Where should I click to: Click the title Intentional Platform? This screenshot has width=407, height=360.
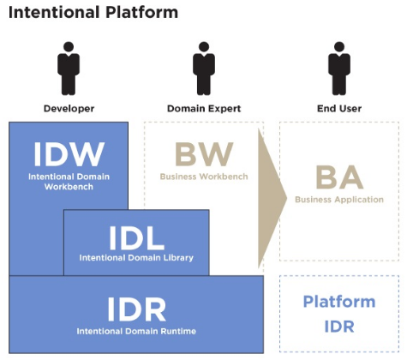pos(93,13)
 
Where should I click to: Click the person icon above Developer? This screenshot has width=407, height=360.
pos(69,69)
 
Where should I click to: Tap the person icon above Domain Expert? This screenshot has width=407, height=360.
pos(204,69)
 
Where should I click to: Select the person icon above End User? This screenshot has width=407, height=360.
pos(339,69)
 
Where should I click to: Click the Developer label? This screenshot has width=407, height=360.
pos(69,109)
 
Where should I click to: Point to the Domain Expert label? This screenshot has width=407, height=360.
pos(204,109)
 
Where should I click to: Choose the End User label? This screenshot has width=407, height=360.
pos(339,109)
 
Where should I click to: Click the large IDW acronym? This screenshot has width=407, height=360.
pos(69,154)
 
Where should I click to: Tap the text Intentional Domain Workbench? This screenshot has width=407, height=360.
pos(69,182)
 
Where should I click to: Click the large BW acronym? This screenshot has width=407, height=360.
pos(204,154)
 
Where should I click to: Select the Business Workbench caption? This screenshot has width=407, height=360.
pos(204,177)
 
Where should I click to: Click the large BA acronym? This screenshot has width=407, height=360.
pos(339,177)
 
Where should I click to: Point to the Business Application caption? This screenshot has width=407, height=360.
pos(339,200)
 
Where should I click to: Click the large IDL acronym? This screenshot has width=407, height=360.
pos(136,238)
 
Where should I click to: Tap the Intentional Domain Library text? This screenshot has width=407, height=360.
pos(136,258)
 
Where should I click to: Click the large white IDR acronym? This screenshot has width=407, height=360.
pos(136,309)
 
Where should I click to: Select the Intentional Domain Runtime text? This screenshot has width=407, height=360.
pos(136,331)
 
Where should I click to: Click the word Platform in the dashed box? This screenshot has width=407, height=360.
pos(339,302)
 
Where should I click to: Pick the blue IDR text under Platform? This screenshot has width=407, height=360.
pos(339,327)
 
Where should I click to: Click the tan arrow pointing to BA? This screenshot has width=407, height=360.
pos(272,198)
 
